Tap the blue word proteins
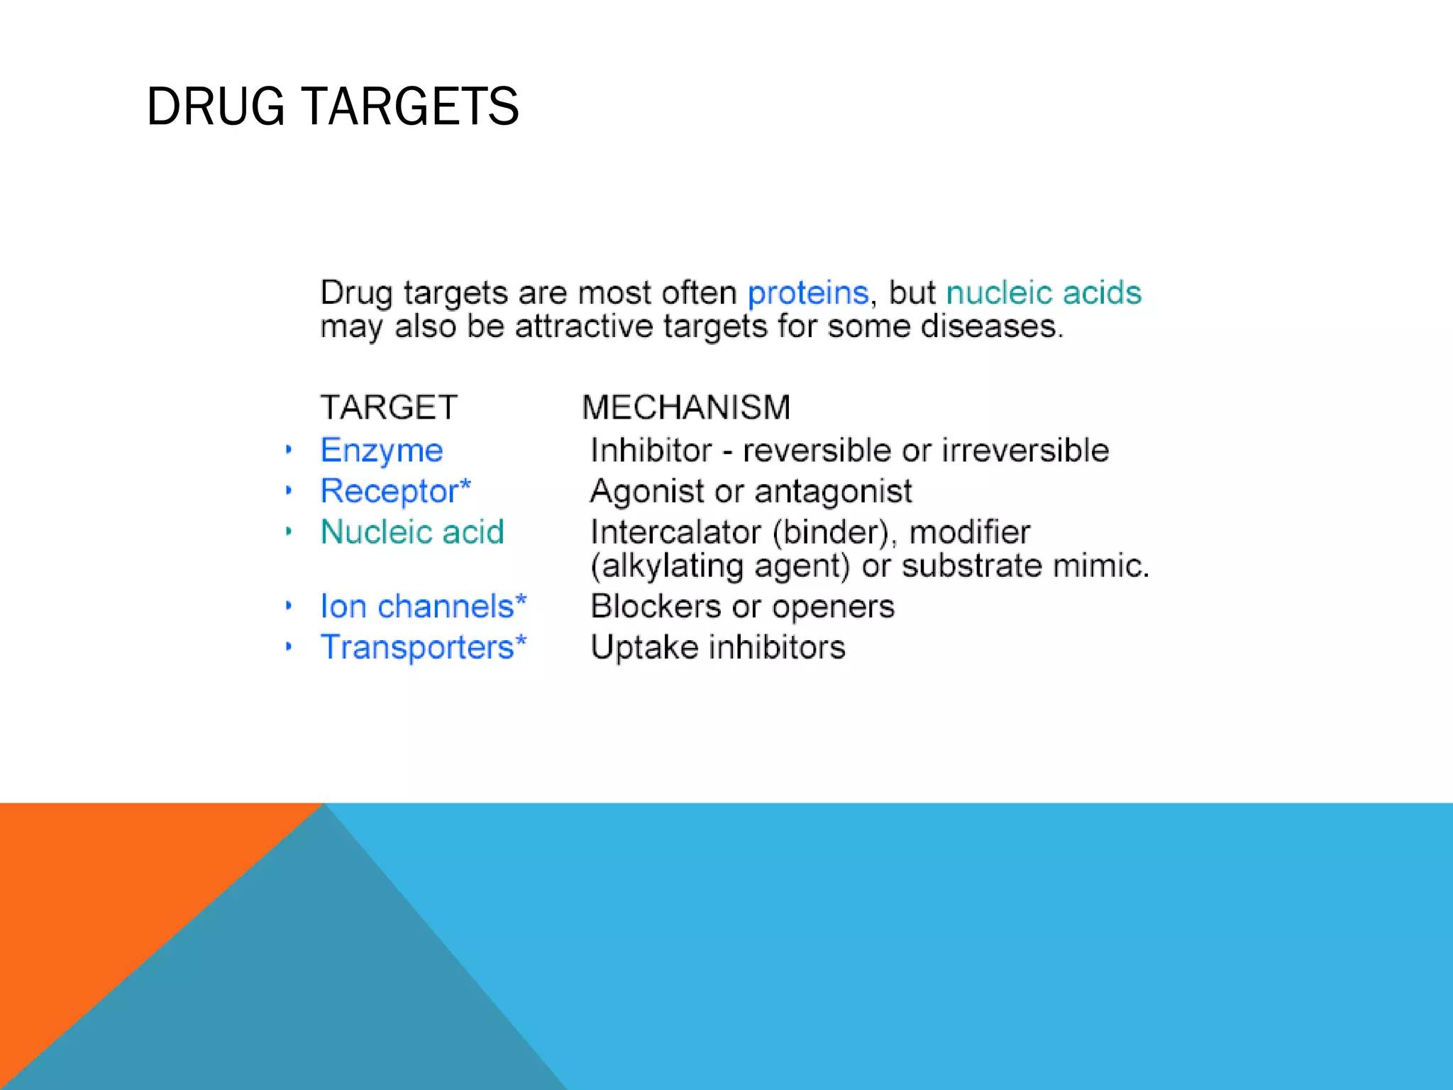[x=807, y=292]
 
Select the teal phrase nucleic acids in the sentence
[x=1044, y=292]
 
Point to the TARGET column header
[x=389, y=407]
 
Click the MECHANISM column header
[x=685, y=407]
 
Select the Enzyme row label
[x=382, y=451]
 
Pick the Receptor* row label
[x=395, y=491]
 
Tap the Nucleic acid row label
[x=412, y=532]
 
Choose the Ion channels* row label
[x=423, y=607]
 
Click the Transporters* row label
[x=423, y=647]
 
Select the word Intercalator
[x=675, y=532]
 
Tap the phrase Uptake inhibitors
[x=718, y=647]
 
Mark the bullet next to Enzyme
[x=289, y=450]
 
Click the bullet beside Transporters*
[x=289, y=646]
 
